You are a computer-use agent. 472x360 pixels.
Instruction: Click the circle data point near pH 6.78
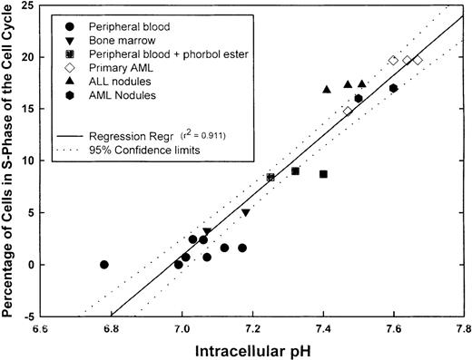(104, 265)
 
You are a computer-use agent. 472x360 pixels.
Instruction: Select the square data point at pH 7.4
(323, 174)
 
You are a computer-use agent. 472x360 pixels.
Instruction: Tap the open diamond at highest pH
(418, 60)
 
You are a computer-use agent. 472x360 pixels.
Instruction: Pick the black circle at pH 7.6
(393, 88)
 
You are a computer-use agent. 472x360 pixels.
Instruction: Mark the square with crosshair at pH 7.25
(270, 178)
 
